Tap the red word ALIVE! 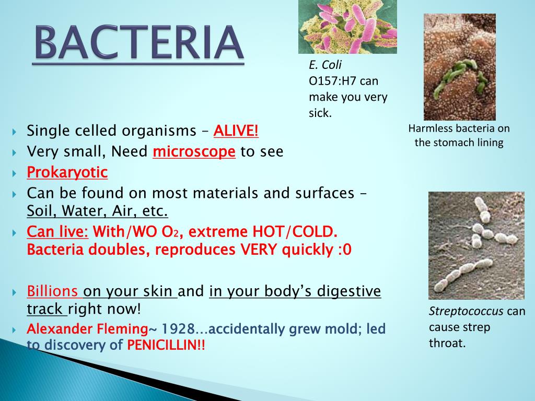[236, 131]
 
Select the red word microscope [194, 151]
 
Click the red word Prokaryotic [67, 172]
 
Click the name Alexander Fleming [87, 329]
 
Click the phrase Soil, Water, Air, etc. [97, 211]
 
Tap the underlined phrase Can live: [57, 231]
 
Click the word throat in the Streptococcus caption [447, 344]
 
